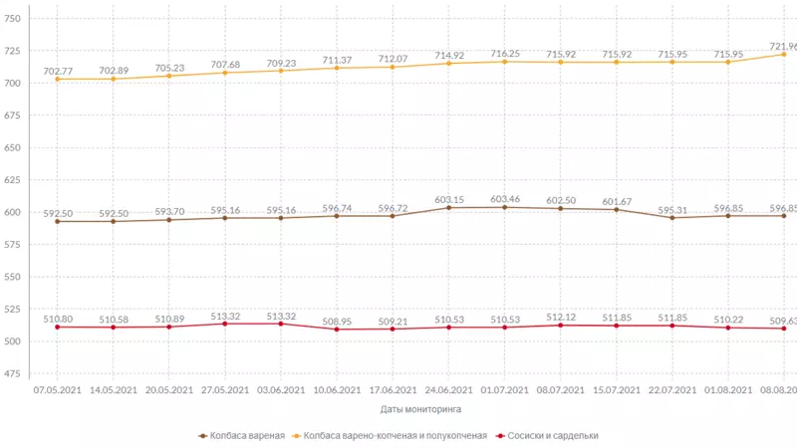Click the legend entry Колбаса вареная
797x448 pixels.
(247, 436)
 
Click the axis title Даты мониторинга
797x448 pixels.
(420, 409)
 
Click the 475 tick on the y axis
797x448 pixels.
(13, 373)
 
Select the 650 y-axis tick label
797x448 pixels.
(13, 147)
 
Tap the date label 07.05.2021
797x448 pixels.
(57, 390)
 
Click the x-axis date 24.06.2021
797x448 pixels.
(449, 390)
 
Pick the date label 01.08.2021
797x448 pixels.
(728, 390)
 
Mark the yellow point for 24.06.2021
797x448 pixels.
(449, 64)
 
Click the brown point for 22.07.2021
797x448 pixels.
(673, 217)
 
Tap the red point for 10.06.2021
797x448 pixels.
(337, 330)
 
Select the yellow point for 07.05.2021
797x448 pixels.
(57, 79)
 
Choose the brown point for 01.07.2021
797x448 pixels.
(505, 207)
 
